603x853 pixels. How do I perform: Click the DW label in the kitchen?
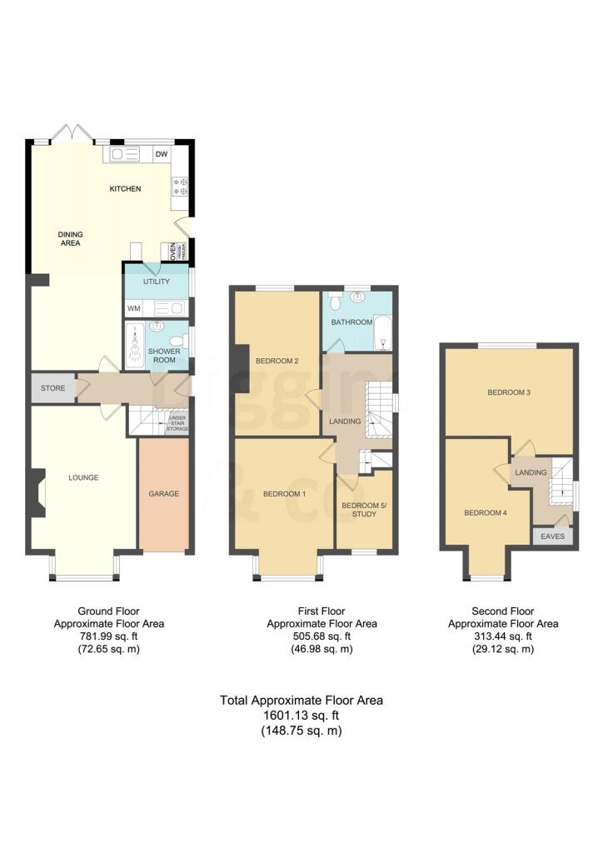[x=162, y=154]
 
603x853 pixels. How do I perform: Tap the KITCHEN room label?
[x=126, y=189]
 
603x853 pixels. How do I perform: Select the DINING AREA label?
[x=70, y=239]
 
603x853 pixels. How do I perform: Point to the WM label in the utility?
[x=134, y=308]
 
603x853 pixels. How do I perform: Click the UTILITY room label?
[x=157, y=282]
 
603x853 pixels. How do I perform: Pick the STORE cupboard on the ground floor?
[x=52, y=387]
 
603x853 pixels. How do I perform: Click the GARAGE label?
[x=164, y=494]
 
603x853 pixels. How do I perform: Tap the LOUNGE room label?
[x=84, y=478]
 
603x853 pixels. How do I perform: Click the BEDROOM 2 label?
[x=277, y=362]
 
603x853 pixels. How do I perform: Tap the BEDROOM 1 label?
[x=284, y=494]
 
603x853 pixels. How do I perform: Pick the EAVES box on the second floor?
[x=552, y=536]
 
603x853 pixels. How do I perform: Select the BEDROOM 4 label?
[x=486, y=512]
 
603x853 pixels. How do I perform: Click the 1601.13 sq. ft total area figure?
[x=301, y=716]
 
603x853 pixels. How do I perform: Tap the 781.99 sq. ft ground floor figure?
[x=109, y=636]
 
